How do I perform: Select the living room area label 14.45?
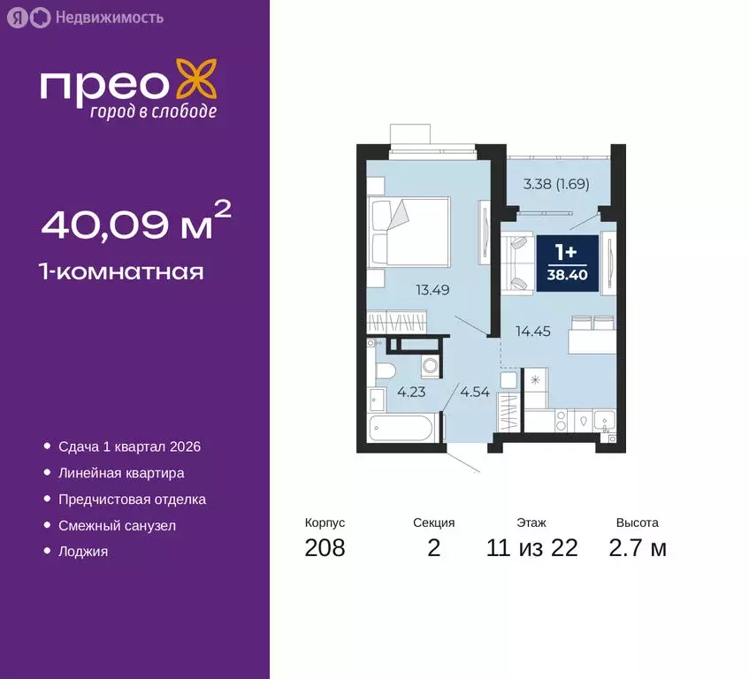point(534,332)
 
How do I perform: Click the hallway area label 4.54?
point(474,391)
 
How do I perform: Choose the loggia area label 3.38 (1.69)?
point(556,185)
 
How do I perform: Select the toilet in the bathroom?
point(386,369)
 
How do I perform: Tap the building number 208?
point(325,548)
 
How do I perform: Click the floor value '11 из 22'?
point(532,548)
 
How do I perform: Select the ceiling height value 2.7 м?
point(637,548)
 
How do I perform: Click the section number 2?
point(433,548)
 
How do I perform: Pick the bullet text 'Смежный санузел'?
point(118,525)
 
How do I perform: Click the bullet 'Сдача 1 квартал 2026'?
point(124,447)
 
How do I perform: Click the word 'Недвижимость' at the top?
point(109,17)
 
